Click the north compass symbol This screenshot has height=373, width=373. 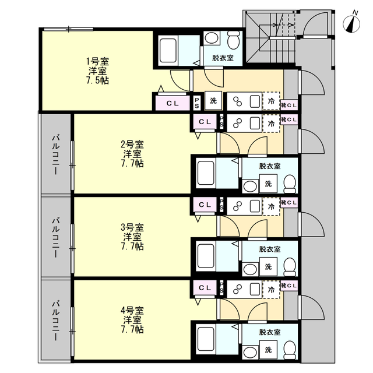coord(351,23)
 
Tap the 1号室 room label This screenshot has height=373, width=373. coord(97,62)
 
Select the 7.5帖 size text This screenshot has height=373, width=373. coord(97,80)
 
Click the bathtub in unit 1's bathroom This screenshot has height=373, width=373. coord(168,51)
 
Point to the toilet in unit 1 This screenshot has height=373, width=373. coord(233,40)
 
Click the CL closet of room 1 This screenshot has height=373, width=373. coord(173,103)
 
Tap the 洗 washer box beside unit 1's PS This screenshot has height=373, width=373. coord(213,101)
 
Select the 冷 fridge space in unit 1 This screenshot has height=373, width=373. coord(271,101)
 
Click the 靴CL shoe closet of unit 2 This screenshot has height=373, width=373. coord(289,119)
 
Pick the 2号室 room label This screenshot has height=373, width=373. coord(132,145)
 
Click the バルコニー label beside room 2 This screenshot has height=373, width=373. coord(56,154)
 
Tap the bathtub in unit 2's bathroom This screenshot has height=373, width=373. coord(206,174)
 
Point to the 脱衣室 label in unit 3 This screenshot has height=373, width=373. coord(270,249)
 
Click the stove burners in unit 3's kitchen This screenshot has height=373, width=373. coord(237,206)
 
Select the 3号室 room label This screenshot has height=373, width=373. coord(132,228)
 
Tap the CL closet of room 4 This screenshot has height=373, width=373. coord(205,288)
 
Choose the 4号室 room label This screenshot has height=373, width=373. coord(132,311)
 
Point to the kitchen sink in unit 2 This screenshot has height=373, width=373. coord(255,123)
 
